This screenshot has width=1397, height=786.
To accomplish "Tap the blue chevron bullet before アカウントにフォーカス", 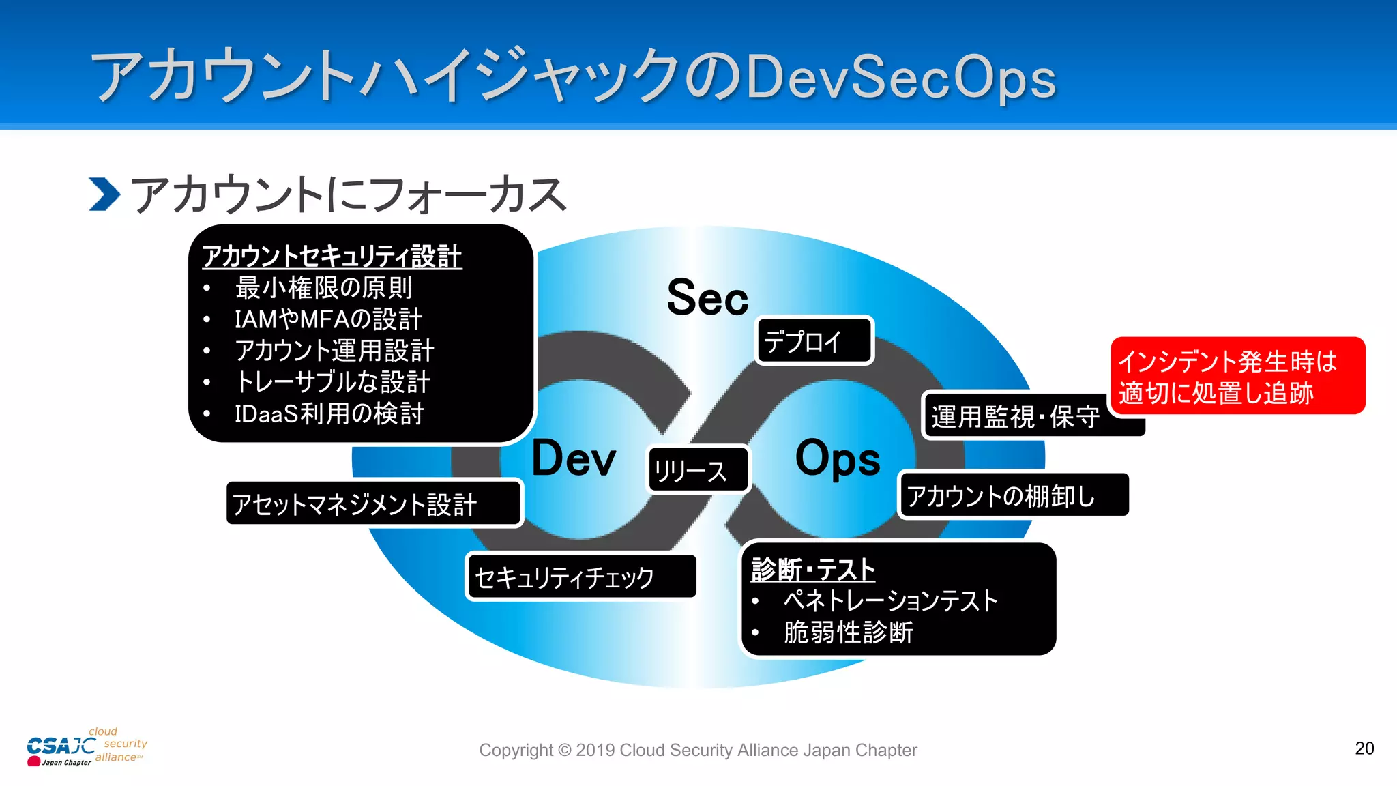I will (x=104, y=194).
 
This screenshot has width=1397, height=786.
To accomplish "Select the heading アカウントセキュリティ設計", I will (x=332, y=257).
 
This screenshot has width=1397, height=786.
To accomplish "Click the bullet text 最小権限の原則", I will (x=323, y=288).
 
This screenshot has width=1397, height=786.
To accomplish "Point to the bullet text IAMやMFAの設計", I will (x=328, y=319).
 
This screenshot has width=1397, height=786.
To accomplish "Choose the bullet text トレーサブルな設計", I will (x=332, y=382).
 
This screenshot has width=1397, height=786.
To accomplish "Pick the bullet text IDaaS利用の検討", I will (x=329, y=413).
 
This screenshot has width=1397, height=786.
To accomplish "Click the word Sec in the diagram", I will (x=707, y=298).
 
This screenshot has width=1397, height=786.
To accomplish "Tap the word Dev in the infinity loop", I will (x=573, y=458).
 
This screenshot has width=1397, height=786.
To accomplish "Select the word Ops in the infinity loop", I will (x=838, y=458).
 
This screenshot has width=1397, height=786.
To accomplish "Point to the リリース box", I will (x=698, y=470).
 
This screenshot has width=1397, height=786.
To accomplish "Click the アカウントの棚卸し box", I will (x=1013, y=495).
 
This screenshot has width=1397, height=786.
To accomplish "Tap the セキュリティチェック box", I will (x=581, y=577).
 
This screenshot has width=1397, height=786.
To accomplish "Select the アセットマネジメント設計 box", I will (x=374, y=504).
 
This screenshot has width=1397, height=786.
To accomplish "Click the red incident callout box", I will (x=1237, y=376).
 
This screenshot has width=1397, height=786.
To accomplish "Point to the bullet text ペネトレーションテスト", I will (x=891, y=601).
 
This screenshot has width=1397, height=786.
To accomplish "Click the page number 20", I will (x=1364, y=748).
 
